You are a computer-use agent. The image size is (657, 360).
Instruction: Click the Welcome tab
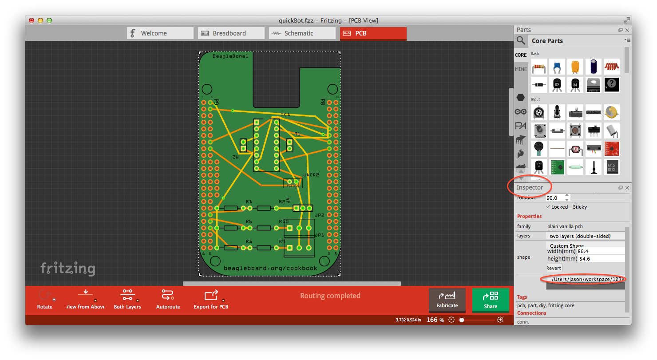pos(160,33)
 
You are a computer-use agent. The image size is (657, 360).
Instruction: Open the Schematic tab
pos(298,33)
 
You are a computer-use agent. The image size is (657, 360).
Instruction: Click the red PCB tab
pos(373,33)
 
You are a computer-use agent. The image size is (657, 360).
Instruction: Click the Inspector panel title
pos(530,187)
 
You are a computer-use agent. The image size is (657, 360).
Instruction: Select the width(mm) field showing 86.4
pos(599,251)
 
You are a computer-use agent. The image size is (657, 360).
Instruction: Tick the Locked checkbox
pos(549,207)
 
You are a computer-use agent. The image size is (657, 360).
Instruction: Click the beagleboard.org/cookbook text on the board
pos(270,268)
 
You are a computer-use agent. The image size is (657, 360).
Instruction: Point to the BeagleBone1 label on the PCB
pos(230,56)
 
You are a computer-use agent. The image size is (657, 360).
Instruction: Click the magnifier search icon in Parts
pos(520,41)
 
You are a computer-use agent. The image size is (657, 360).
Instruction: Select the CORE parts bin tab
pos(521,55)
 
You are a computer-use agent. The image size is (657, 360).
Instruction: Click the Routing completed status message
pos(330,296)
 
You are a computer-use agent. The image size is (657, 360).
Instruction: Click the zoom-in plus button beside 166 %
pos(500,320)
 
